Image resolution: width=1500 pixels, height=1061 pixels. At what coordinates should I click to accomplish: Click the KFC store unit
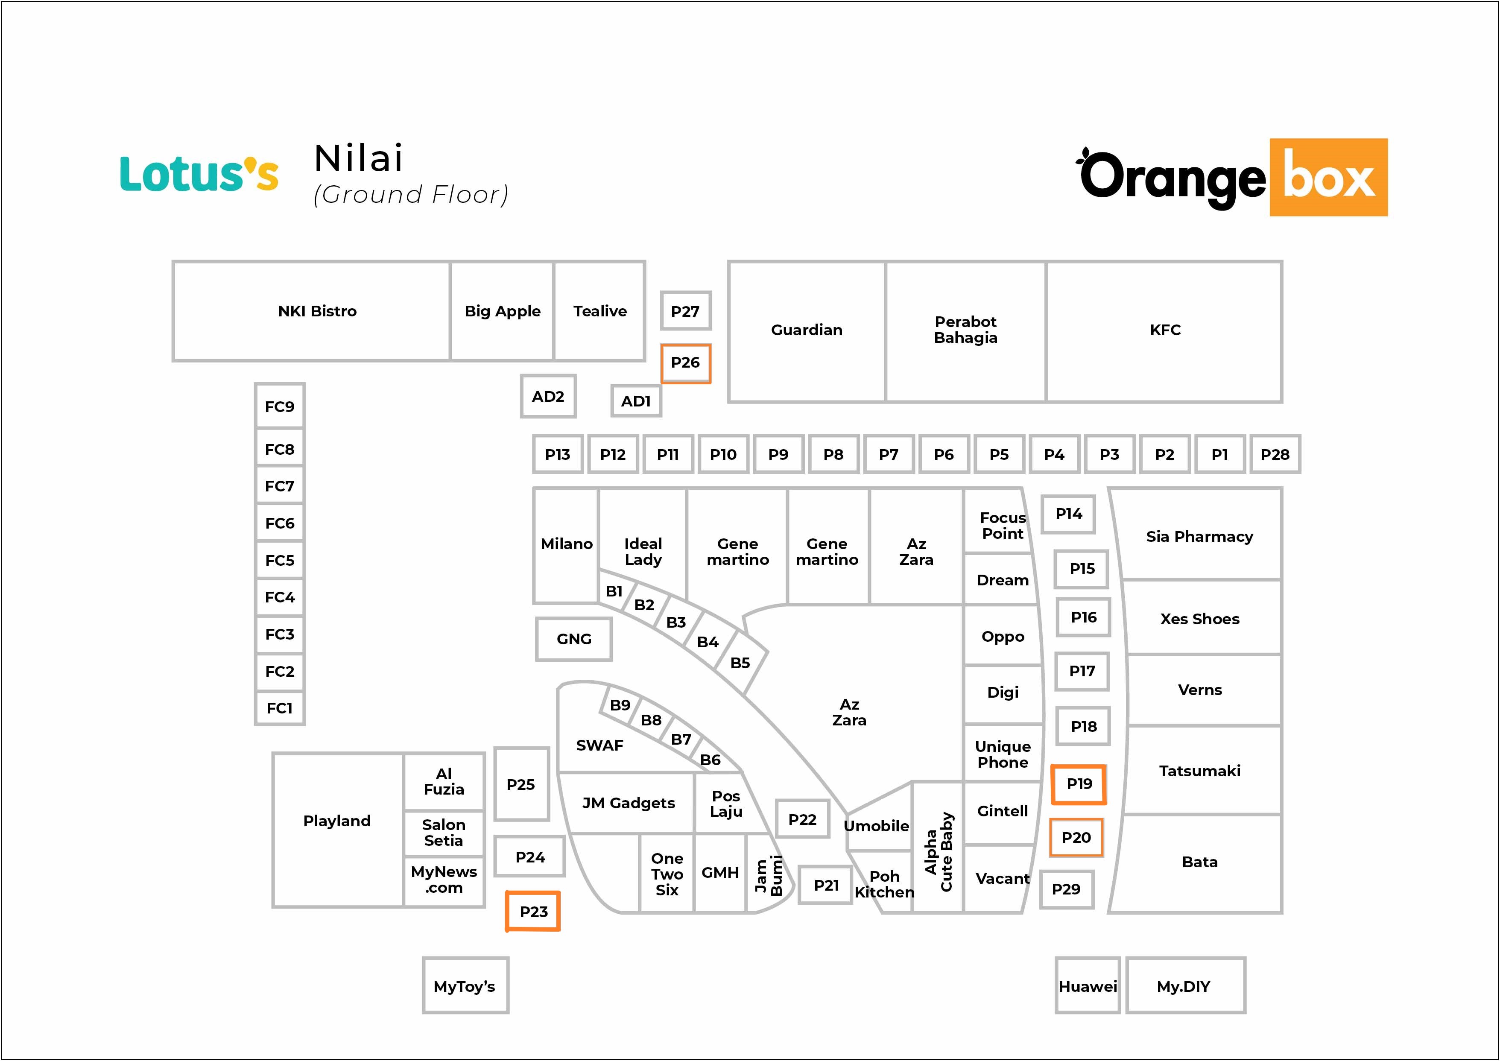[x=1164, y=331]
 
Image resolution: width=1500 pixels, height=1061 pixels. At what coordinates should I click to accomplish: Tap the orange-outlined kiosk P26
[x=685, y=363]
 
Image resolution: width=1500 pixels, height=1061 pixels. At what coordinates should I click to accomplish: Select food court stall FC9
[x=280, y=406]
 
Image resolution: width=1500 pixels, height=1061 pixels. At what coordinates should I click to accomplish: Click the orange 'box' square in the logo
[x=1329, y=177]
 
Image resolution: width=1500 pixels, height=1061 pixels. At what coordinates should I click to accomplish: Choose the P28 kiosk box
[x=1275, y=454]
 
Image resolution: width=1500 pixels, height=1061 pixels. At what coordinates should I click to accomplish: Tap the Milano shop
[x=567, y=546]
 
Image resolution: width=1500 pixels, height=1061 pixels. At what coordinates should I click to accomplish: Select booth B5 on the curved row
[x=740, y=663]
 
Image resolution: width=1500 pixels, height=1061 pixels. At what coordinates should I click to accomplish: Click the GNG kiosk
[x=573, y=639]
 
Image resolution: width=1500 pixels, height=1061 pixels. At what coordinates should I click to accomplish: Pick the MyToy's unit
[x=465, y=985]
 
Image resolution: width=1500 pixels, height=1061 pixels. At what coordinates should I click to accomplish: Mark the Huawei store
[x=1088, y=985]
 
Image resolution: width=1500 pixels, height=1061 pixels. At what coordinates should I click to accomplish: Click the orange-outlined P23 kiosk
[x=533, y=912]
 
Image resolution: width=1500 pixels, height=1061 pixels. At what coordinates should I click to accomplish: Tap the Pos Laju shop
[x=726, y=804]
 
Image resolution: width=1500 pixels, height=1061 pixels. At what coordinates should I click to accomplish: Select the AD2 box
[x=548, y=396]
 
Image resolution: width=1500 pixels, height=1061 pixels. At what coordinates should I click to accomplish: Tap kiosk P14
[x=1068, y=514]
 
